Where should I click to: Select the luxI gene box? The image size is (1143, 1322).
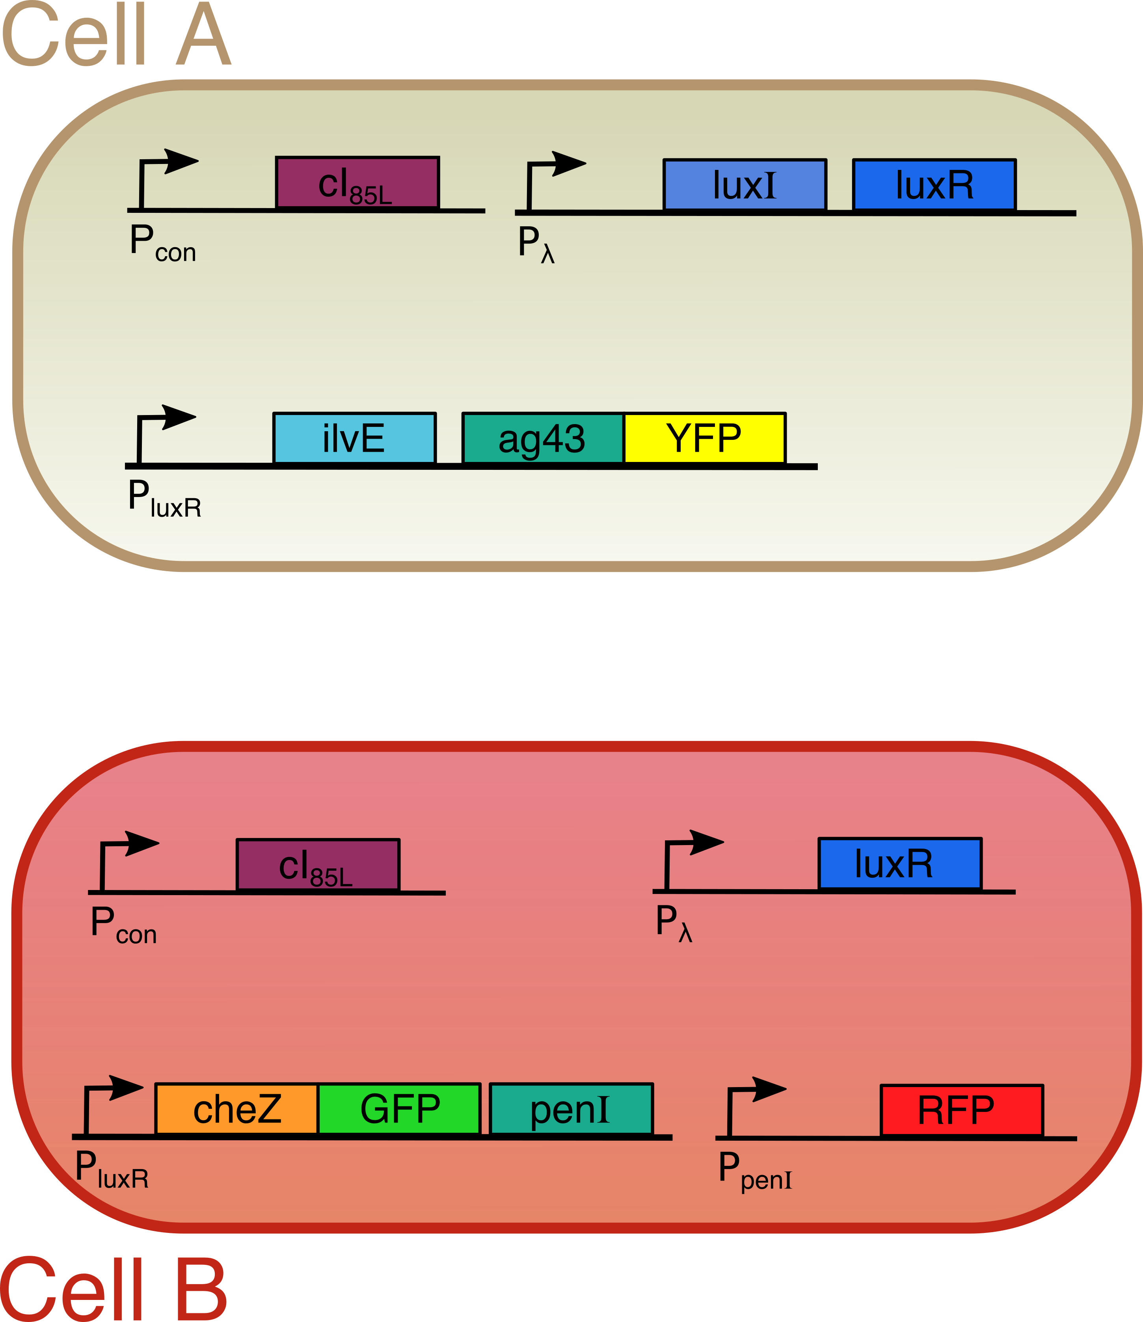tap(745, 185)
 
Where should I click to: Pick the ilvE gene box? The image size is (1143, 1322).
tap(354, 438)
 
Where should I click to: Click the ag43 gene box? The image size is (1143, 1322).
tap(542, 438)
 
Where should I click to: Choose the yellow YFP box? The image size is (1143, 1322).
tap(704, 438)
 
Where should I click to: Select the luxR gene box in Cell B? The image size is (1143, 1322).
tap(899, 863)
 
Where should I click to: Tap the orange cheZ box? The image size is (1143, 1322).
tap(236, 1109)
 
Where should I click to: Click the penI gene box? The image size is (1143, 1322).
tap(571, 1109)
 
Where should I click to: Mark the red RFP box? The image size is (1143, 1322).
tap(961, 1110)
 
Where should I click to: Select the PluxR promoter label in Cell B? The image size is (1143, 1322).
tap(112, 1169)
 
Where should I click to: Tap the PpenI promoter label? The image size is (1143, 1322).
tap(754, 1171)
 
